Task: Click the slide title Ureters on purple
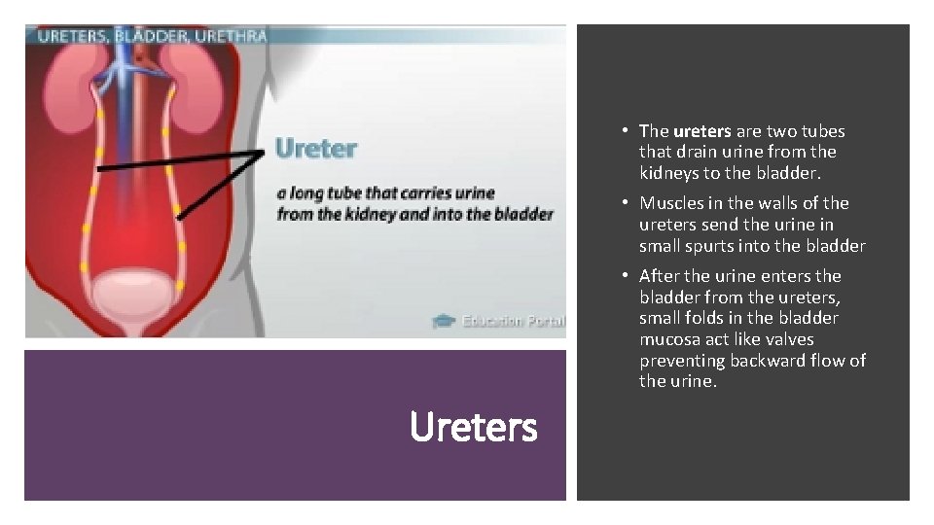click(474, 426)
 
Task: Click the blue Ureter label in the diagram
click(316, 149)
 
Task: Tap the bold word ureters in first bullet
click(700, 131)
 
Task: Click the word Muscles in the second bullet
click(670, 203)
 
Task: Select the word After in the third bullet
click(660, 276)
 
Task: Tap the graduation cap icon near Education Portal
click(444, 321)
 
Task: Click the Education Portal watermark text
click(513, 321)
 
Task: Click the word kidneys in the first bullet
click(668, 173)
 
